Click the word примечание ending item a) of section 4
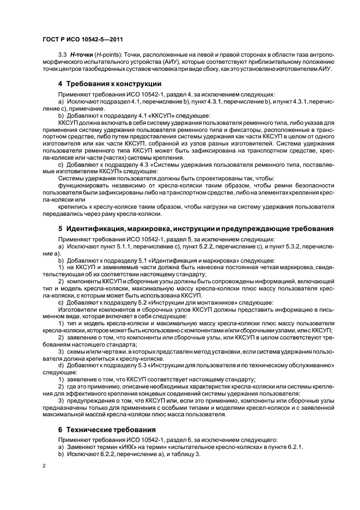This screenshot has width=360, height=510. click(83, 108)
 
